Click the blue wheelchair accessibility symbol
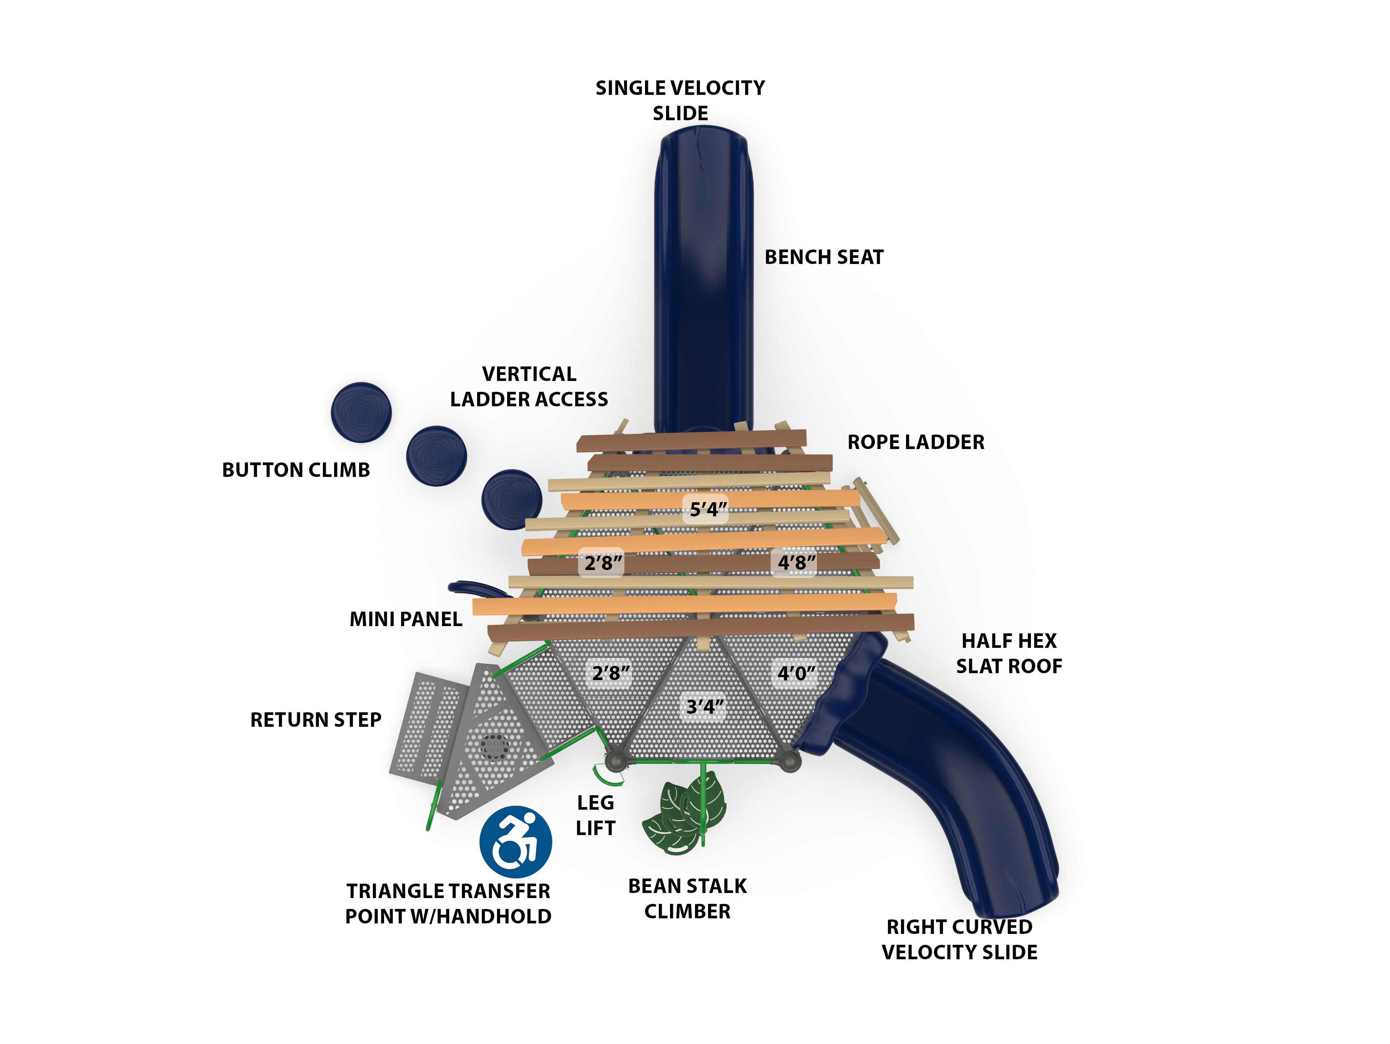(515, 842)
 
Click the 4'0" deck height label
(796, 673)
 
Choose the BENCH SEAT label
(824, 257)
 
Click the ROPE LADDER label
(915, 442)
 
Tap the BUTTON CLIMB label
(296, 470)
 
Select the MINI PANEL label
(406, 619)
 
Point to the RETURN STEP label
(315, 719)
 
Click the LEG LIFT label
(595, 815)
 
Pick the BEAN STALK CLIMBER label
(687, 898)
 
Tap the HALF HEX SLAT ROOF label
(1008, 653)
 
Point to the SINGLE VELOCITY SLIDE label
(680, 101)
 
